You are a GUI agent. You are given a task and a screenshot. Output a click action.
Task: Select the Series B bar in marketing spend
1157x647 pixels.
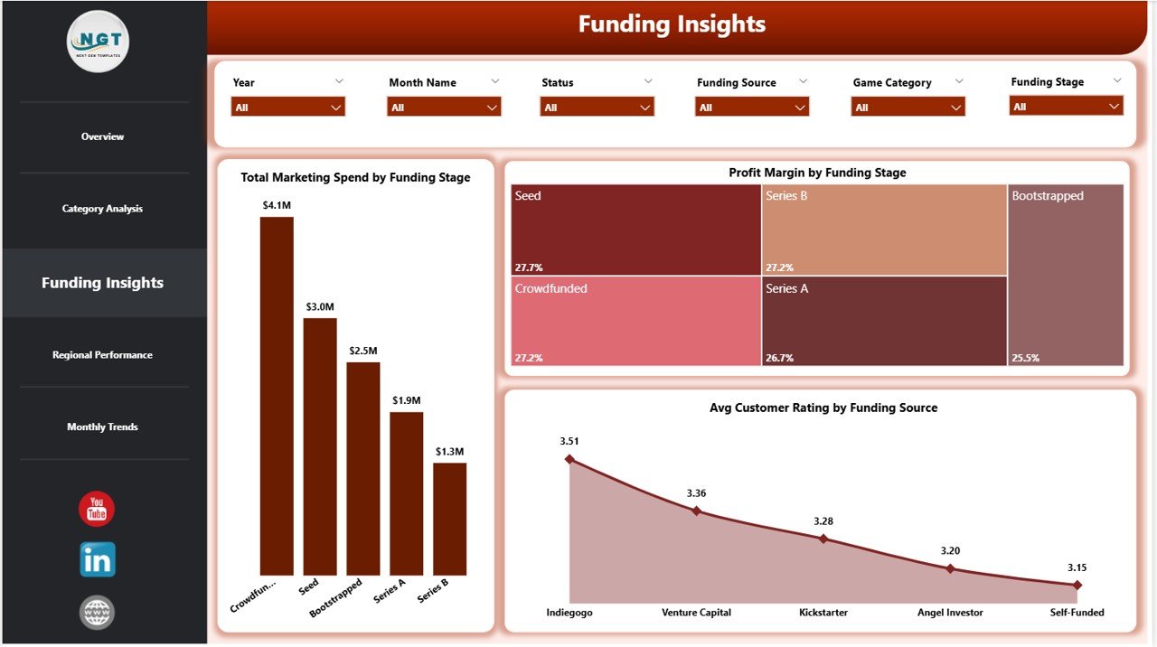click(449, 519)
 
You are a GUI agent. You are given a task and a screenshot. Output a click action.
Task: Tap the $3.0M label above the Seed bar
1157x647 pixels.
click(319, 307)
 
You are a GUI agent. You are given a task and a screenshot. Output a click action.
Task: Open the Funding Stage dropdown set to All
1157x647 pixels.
click(1066, 107)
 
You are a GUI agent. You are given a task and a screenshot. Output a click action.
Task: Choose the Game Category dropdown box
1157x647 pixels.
click(908, 107)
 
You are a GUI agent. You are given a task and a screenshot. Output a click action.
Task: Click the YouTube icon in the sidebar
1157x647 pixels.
click(97, 509)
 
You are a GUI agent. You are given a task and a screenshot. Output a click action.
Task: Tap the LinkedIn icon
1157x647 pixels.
click(97, 560)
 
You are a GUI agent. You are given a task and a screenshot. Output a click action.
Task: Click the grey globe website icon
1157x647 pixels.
click(97, 613)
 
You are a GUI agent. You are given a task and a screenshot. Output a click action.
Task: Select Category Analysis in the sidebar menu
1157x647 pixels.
click(102, 209)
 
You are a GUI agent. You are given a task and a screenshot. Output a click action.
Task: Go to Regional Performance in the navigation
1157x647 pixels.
click(102, 355)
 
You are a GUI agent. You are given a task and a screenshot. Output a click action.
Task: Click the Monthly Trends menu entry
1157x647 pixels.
click(102, 427)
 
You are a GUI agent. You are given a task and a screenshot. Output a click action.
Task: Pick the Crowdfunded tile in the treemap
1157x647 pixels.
click(635, 320)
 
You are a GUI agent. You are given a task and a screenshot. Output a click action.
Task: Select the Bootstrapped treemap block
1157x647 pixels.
click(1066, 275)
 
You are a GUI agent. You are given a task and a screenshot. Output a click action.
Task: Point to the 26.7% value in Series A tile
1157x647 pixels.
click(779, 358)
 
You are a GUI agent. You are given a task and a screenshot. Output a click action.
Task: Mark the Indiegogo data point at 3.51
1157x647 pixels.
click(569, 459)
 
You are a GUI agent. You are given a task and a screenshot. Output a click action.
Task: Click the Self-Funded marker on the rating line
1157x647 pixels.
click(1077, 585)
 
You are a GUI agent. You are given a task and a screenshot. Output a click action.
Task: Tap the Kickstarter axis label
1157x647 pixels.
click(823, 613)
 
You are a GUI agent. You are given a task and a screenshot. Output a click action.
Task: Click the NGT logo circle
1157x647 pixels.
click(98, 42)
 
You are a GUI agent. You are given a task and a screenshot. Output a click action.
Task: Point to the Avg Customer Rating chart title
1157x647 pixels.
click(823, 408)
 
